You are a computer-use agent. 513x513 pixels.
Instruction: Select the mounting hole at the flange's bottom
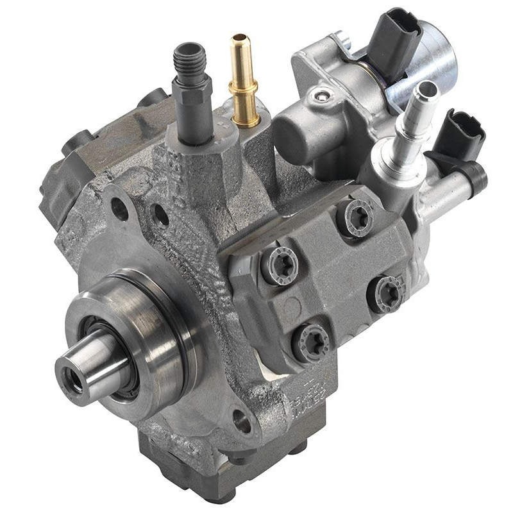pos(242,421)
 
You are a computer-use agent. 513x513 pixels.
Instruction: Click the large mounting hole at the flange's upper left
pos(119,206)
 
